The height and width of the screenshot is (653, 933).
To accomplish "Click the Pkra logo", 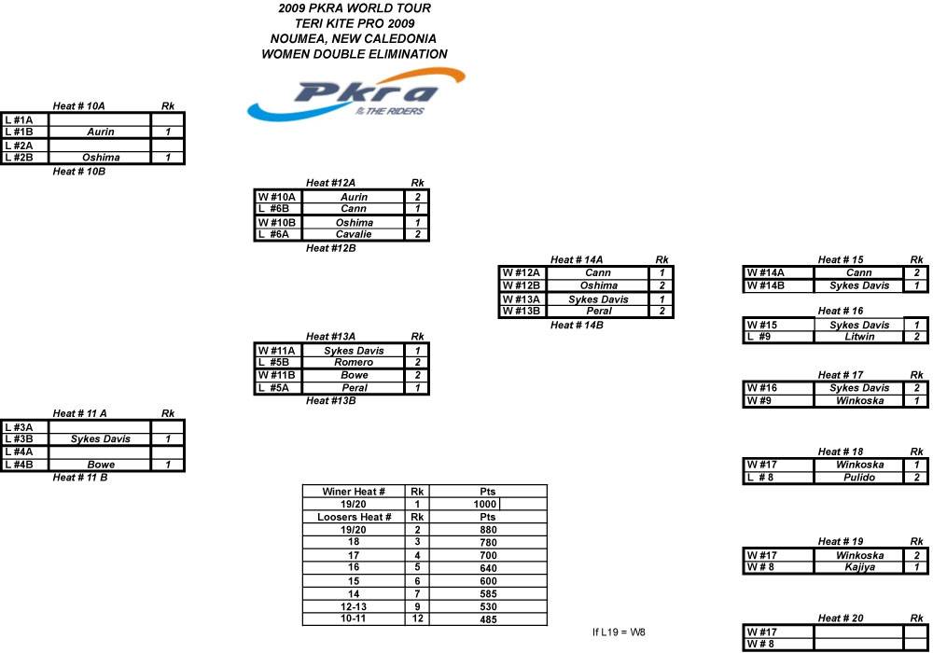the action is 355,94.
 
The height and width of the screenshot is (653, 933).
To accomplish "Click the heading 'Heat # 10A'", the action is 78,105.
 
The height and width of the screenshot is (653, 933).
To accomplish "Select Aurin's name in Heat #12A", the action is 354,197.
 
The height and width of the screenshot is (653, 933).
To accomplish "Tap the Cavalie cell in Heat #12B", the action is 354,234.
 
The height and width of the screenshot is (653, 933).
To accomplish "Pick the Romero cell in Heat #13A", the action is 354,362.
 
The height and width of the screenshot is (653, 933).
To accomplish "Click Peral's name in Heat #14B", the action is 599,311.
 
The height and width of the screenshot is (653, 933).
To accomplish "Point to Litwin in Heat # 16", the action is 860,337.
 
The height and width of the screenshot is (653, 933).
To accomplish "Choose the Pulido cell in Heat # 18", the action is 860,477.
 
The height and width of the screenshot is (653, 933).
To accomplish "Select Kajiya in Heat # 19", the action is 860,567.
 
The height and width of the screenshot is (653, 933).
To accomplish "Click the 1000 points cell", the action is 485,505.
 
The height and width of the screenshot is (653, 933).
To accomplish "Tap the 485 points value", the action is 488,619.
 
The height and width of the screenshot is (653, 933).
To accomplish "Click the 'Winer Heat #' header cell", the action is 354,492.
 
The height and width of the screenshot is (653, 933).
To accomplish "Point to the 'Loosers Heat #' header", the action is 354,517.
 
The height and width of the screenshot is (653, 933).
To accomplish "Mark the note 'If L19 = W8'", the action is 619,632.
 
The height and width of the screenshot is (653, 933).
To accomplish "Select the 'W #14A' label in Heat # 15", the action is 765,273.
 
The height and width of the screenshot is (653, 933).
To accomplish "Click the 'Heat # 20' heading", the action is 841,618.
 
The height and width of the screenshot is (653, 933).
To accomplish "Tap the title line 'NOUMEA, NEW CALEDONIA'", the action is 354,38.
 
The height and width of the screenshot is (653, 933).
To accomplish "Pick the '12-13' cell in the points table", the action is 354,606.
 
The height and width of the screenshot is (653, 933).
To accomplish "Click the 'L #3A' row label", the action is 19,427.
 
